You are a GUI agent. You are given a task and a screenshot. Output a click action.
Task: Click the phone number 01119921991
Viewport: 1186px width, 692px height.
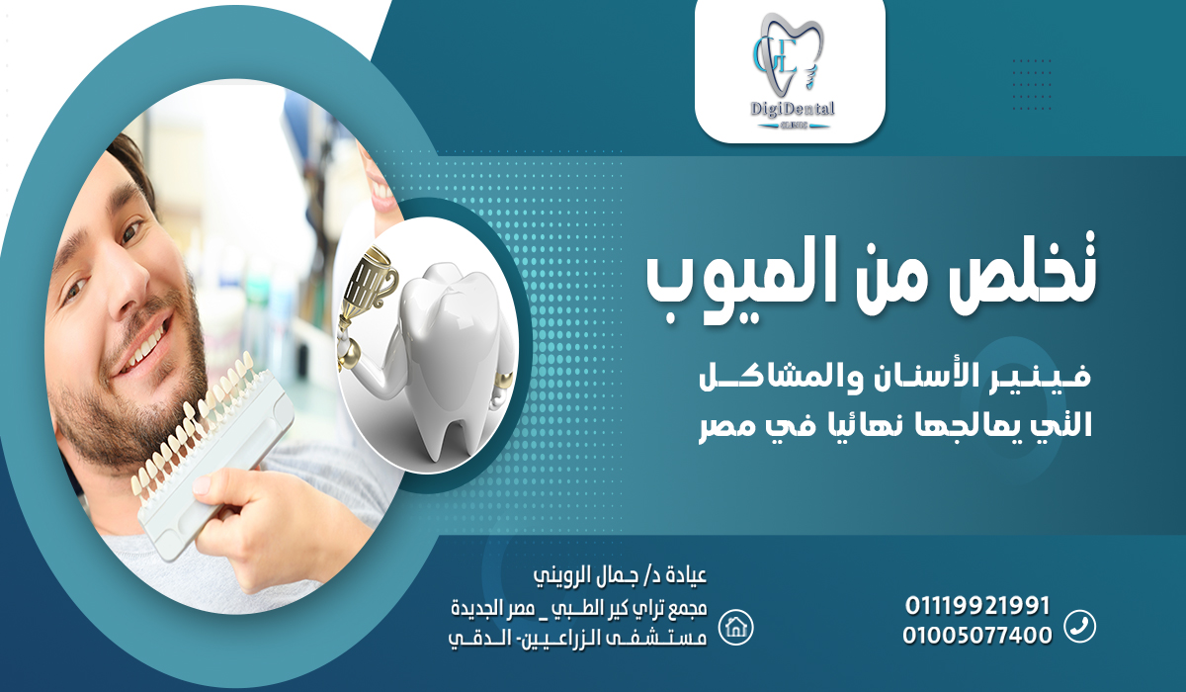976,605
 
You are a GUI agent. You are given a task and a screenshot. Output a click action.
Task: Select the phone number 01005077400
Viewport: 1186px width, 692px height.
976,636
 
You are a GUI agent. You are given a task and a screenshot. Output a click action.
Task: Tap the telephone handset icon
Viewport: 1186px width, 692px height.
1079,626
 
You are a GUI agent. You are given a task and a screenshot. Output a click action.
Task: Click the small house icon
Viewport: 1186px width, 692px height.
735,626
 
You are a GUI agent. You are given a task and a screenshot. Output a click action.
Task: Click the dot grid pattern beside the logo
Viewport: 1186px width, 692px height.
1032,79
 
